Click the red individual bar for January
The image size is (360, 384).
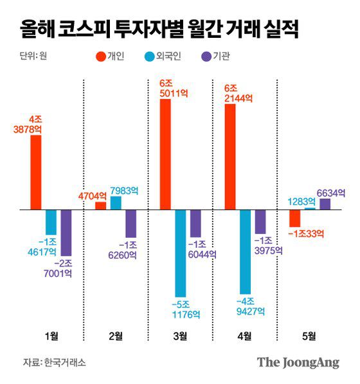pyautogui.click(x=36, y=172)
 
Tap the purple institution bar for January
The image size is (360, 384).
pyautogui.click(x=66, y=232)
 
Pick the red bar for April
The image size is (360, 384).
pyautogui.click(x=230, y=157)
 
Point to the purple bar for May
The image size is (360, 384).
pyautogui.click(x=325, y=204)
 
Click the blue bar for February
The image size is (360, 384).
pyautogui.click(x=116, y=203)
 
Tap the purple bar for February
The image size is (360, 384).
pyautogui.click(x=131, y=223)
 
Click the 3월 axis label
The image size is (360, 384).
pyautogui.click(x=180, y=335)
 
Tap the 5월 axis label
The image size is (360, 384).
pyautogui.click(x=309, y=335)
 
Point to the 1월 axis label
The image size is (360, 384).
pyautogui.click(x=51, y=335)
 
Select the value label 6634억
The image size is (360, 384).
pyautogui.click(x=332, y=191)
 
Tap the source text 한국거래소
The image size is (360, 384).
pyautogui.click(x=65, y=362)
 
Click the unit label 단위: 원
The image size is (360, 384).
pyautogui.click(x=33, y=56)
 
